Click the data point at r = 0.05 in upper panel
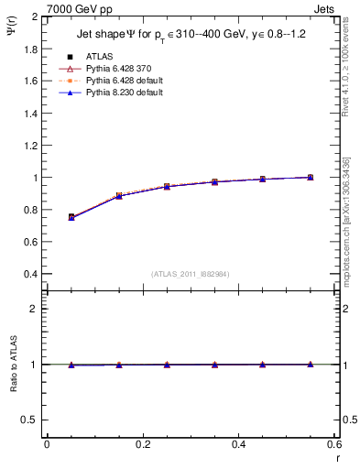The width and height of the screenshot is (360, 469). tap(71, 217)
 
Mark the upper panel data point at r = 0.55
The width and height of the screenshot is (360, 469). tap(311, 178)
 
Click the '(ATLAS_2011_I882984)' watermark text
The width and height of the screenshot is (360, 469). tap(191, 273)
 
